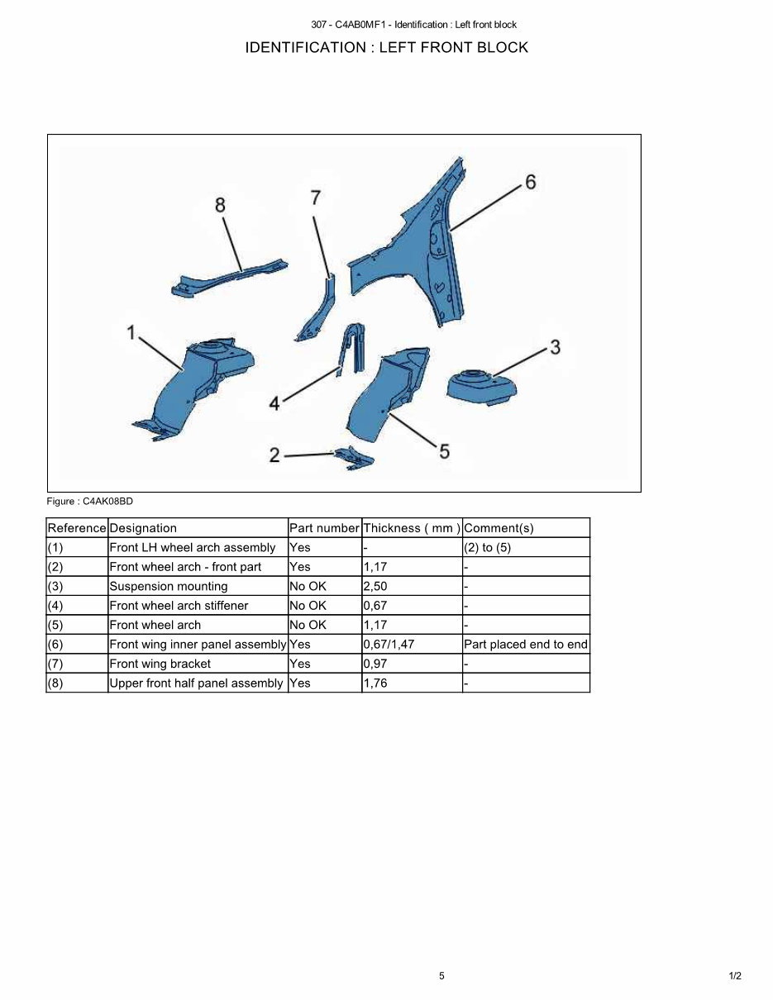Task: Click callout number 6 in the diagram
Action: click(530, 181)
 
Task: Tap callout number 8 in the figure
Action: click(220, 204)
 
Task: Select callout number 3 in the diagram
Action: click(555, 347)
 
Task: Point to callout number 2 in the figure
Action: click(274, 455)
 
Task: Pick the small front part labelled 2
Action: click(354, 457)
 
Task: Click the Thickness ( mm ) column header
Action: click(412, 528)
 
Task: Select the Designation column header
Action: click(143, 528)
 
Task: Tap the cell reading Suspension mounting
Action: click(169, 586)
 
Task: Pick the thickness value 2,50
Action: click(375, 586)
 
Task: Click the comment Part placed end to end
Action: click(526, 644)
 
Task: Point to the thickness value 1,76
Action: click(375, 683)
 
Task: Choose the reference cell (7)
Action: click(55, 664)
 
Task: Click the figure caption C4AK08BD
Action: click(89, 501)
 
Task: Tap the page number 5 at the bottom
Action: click(441, 976)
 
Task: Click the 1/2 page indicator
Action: click(735, 976)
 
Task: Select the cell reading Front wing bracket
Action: click(160, 664)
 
